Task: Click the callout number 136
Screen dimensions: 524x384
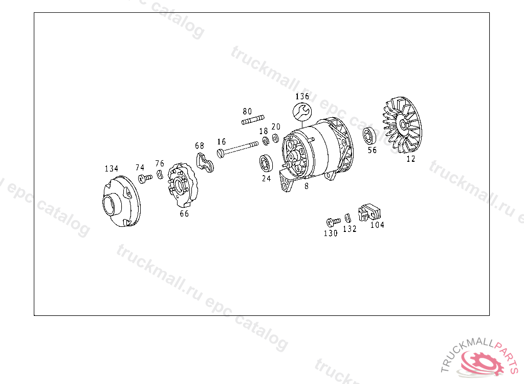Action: (302, 96)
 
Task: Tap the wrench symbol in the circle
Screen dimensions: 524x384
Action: (302, 112)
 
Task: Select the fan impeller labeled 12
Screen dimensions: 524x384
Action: (402, 125)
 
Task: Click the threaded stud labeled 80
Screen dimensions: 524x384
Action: (253, 120)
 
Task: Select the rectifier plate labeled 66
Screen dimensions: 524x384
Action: (182, 185)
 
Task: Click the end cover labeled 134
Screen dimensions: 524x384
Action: (121, 201)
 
